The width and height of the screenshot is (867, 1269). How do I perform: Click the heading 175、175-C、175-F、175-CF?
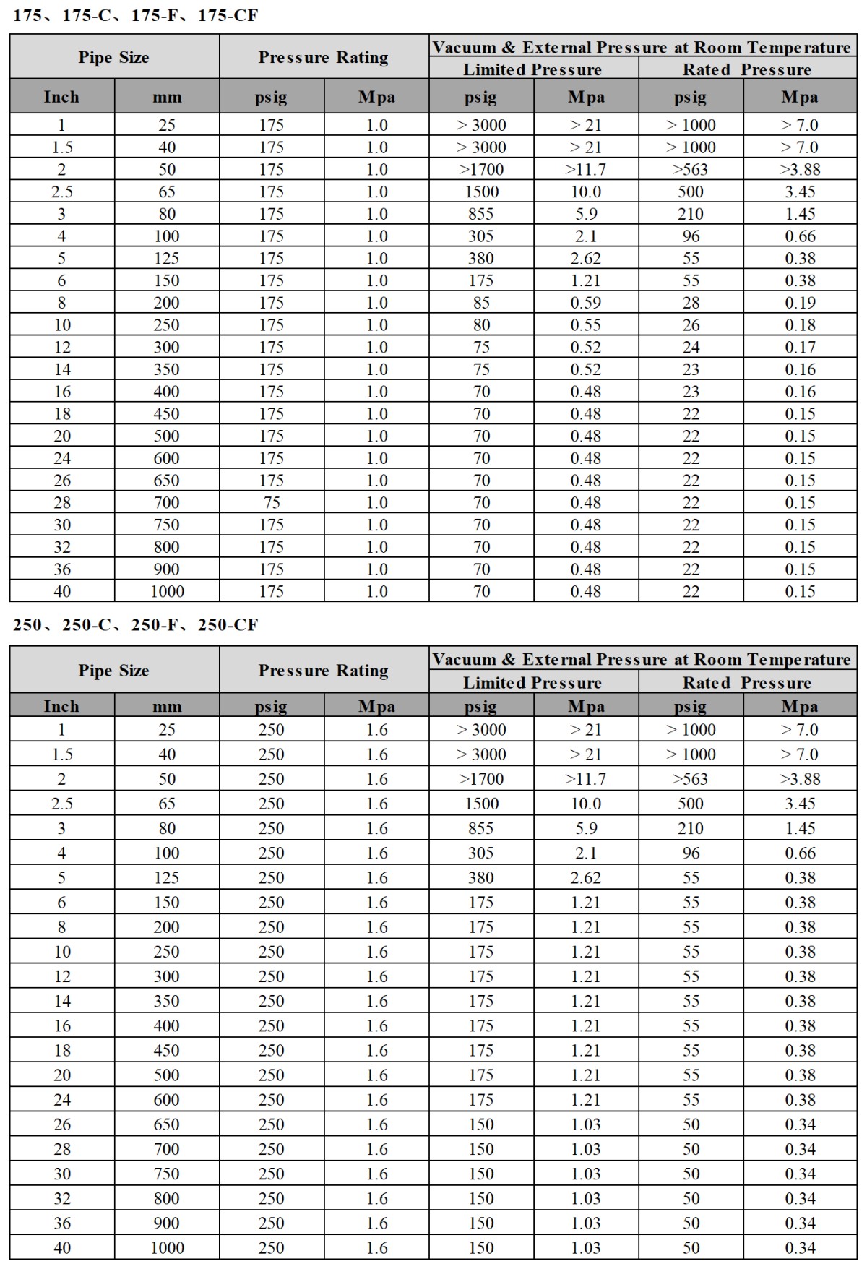point(135,15)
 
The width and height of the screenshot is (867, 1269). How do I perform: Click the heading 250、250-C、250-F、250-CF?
point(135,624)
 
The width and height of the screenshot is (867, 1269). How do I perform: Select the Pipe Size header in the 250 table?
point(114,671)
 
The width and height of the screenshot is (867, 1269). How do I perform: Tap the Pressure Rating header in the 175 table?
point(323,57)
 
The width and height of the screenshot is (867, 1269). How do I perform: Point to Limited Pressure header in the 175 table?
point(532,69)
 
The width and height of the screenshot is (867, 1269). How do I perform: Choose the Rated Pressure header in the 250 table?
point(746,683)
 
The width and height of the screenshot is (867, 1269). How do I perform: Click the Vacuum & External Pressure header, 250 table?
point(642,659)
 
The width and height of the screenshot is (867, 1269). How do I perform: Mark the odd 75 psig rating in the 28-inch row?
point(271,503)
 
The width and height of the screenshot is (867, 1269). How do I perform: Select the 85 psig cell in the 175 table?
point(481,303)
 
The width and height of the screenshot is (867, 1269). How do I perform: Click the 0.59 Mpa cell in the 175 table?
point(585,303)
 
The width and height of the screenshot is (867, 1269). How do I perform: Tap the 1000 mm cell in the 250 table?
point(167,1247)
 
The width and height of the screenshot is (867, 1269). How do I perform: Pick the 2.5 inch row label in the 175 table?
point(62,192)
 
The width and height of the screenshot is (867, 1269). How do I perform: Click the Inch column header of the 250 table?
point(62,706)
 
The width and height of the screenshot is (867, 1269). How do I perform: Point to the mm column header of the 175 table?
point(167,97)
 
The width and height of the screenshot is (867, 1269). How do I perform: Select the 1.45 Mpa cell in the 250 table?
point(800,828)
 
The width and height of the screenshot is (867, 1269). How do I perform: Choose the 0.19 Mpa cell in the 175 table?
point(800,303)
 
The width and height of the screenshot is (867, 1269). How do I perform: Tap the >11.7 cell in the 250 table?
point(585,779)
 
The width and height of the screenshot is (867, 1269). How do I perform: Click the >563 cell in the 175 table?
point(690,170)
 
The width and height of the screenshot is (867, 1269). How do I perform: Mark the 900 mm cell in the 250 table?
point(167,1223)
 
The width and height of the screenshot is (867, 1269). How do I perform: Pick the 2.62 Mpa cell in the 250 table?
point(585,877)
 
